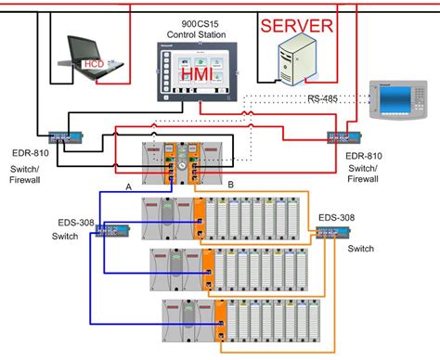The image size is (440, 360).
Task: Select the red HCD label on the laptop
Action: click(x=94, y=64)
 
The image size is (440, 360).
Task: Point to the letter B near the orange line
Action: click(x=229, y=185)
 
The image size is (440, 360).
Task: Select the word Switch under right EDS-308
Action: click(x=360, y=250)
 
